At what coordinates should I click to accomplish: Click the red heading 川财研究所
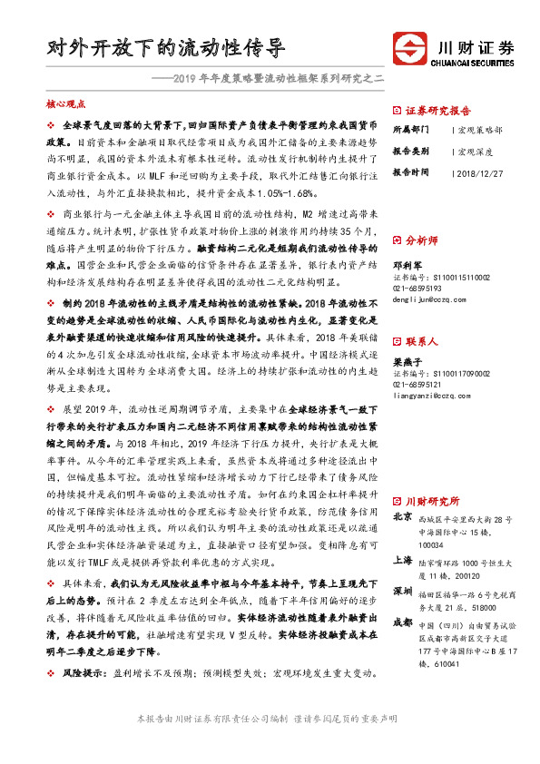click(432, 501)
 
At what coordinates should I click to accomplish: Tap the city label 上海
click(403, 561)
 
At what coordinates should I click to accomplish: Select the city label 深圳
click(403, 591)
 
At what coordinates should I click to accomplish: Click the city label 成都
click(403, 622)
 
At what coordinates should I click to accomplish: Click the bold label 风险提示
click(83, 674)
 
